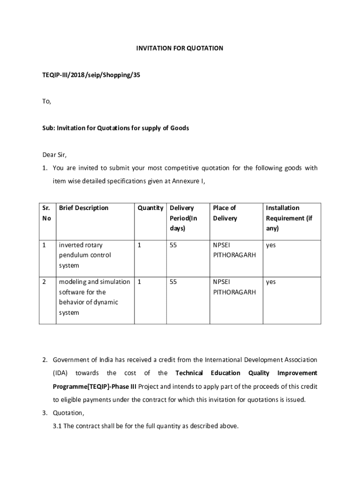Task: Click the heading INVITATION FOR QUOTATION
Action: [180, 48]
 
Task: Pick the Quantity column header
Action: [150, 208]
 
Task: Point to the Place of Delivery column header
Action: [225, 213]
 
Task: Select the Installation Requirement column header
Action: [289, 218]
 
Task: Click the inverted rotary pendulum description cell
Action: [85, 255]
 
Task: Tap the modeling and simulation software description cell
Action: [94, 297]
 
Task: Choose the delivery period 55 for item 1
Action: [173, 245]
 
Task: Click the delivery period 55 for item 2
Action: [173, 282]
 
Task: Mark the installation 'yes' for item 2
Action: [271, 282]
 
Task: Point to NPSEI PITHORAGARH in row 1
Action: [234, 250]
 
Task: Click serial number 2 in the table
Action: [44, 282]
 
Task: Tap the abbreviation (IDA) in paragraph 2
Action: [60, 373]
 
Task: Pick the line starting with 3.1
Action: [146, 426]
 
